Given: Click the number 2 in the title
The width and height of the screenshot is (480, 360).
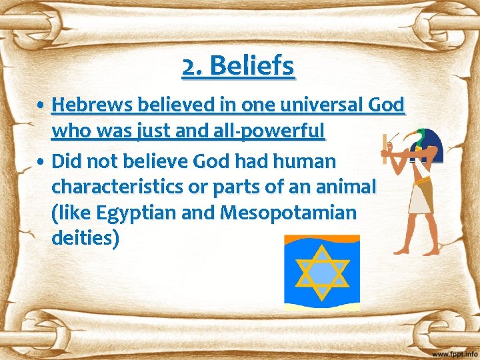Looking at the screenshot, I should point(191,66).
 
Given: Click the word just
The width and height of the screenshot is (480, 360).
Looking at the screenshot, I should point(153,131).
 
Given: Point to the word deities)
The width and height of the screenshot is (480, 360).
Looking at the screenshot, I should point(85,239).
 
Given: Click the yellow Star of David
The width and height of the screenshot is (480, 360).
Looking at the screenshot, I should point(322,273).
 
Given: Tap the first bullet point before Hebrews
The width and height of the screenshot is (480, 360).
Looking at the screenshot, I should point(42,105).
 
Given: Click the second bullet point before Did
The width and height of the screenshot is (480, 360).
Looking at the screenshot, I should point(42,161).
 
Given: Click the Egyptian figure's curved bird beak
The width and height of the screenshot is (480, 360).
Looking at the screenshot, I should point(402,137).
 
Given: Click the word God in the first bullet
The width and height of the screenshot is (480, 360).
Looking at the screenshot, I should point(388,105).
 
